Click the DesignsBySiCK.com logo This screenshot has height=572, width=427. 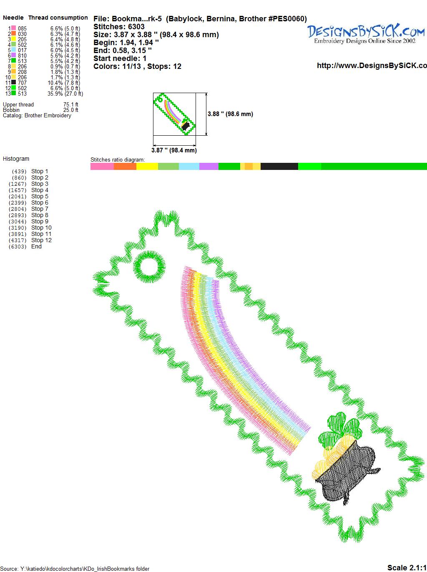366,33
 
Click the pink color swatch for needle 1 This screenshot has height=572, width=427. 13,28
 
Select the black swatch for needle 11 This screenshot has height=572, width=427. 13,82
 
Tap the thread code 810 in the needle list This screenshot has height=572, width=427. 22,56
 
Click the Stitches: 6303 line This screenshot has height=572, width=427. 119,27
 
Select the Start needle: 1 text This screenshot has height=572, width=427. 120,58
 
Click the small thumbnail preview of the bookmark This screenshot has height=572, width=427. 174,114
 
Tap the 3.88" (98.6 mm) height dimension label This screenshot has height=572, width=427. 230,114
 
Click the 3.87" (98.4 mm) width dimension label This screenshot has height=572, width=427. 174,150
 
